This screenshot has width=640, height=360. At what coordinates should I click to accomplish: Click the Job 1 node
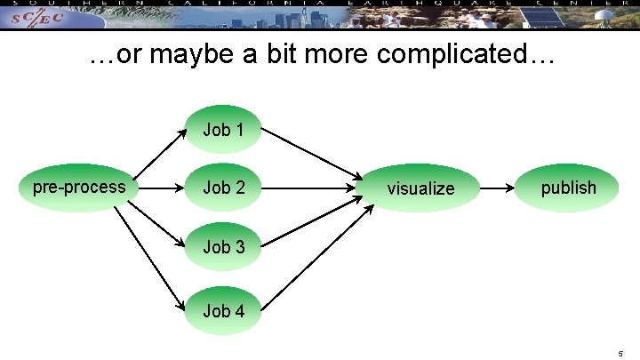pyautogui.click(x=223, y=130)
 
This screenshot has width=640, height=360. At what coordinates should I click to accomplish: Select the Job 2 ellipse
pyautogui.click(x=223, y=188)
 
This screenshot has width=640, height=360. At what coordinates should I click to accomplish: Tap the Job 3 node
pyautogui.click(x=223, y=246)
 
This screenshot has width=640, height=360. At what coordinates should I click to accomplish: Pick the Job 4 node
pyautogui.click(x=223, y=310)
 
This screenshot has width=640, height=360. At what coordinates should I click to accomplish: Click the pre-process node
pyautogui.click(x=78, y=188)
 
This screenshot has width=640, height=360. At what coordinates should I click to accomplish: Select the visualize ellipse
pyautogui.click(x=420, y=188)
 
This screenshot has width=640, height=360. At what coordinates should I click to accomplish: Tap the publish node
pyautogui.click(x=568, y=188)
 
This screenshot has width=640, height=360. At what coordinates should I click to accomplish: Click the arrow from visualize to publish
pyautogui.click(x=499, y=188)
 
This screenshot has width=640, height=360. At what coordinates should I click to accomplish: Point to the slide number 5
pyautogui.click(x=620, y=353)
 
